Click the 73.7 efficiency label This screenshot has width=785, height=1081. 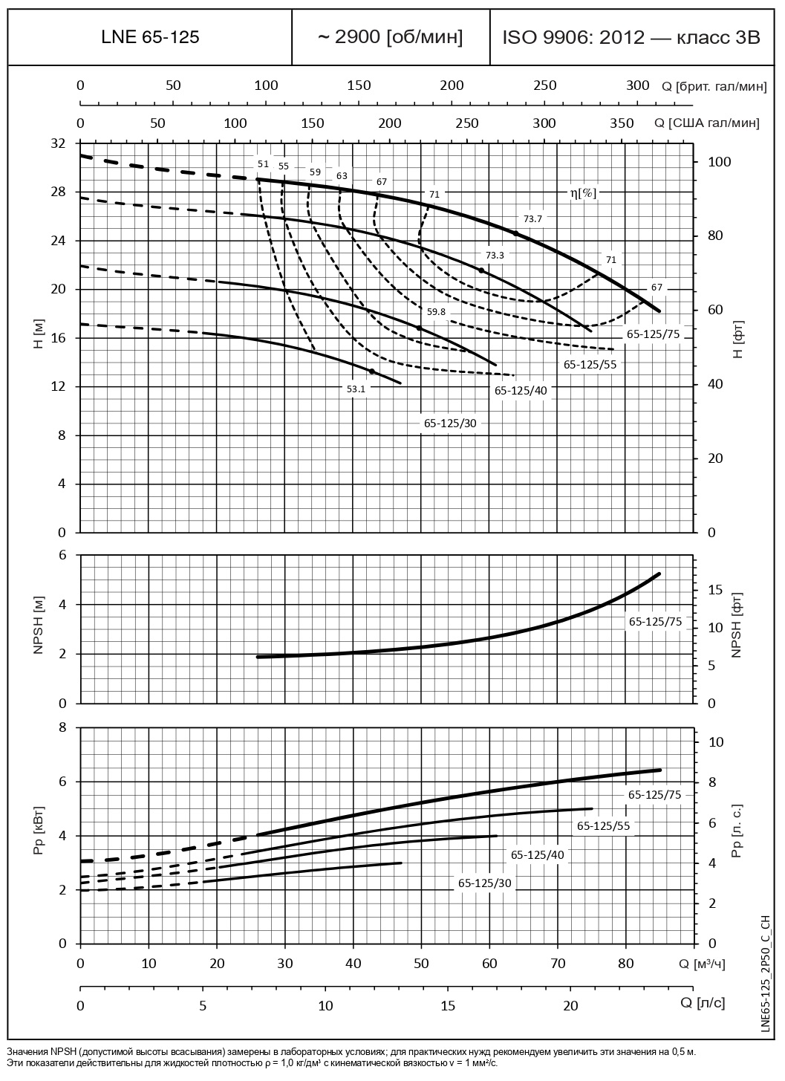tap(533, 218)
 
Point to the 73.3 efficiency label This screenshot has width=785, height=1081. tap(495, 255)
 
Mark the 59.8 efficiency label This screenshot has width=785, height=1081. tap(436, 311)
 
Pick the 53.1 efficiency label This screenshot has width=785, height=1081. tap(356, 388)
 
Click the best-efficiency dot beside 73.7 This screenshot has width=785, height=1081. tap(515, 233)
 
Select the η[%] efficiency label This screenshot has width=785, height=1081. tap(583, 192)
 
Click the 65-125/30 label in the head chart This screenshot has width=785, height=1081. tap(450, 423)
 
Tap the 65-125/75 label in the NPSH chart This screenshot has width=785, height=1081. tap(654, 621)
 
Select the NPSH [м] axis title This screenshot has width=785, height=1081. tap(39, 629)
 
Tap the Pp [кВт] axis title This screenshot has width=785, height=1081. tap(39, 836)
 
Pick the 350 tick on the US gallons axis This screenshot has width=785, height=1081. tap(622, 123)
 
